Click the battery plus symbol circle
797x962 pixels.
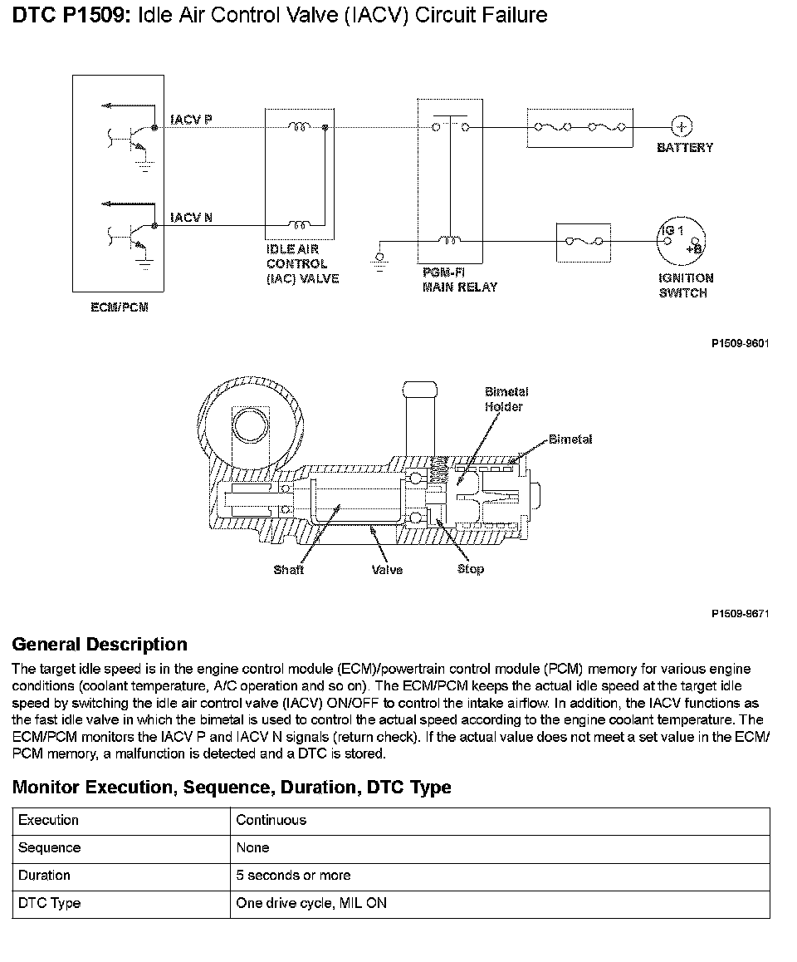coord(682,126)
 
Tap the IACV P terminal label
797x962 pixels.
coord(191,120)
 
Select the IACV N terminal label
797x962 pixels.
coord(191,218)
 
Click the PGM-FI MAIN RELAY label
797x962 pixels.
coord(459,279)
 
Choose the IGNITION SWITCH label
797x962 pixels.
coord(686,286)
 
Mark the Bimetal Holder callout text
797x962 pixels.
coord(506,399)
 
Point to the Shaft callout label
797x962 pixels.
coord(288,570)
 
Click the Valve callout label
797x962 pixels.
coord(387,570)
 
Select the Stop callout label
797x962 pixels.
coord(470,569)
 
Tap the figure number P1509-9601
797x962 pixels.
coord(740,342)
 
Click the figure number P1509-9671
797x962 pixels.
coord(740,614)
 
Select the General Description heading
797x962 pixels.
coord(100,645)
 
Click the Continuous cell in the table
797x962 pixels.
coord(271,820)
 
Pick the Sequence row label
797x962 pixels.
coord(49,847)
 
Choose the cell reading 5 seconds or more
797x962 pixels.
coord(293,875)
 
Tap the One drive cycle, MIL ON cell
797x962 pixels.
coord(311,903)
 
